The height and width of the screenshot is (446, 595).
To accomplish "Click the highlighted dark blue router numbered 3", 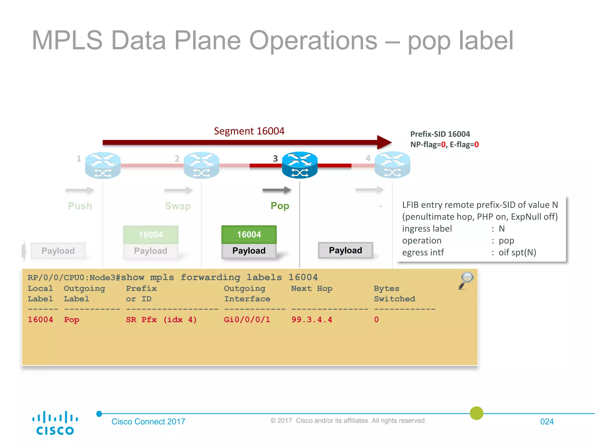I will tap(300, 165).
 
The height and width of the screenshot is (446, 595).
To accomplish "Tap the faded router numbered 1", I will tap(103, 165).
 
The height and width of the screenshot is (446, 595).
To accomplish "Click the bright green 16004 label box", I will tap(249, 234).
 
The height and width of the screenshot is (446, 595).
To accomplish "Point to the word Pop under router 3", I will tap(280, 206).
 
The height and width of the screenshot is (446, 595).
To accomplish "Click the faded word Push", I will tap(80, 206).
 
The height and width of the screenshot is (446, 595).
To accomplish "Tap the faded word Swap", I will tap(178, 206).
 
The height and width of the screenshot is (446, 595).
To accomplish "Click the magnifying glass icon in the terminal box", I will tap(466, 280).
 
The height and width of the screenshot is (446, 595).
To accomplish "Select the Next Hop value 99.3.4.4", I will tap(312, 320).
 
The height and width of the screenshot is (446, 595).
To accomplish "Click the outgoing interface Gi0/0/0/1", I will tap(247, 320).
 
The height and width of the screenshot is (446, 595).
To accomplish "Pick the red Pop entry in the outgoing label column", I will tap(71, 320).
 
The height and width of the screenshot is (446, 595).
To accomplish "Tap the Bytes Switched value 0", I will tap(376, 320).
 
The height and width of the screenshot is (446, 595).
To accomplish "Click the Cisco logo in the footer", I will tap(55, 423).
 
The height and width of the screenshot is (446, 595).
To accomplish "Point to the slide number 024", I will tap(547, 422).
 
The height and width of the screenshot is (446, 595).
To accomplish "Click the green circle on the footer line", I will tap(476, 413).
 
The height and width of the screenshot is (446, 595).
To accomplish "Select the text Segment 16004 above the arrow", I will tap(249, 131).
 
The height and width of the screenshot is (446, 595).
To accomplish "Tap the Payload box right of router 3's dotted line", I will tap(345, 250).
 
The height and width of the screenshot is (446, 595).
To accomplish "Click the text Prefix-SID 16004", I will tap(440, 134).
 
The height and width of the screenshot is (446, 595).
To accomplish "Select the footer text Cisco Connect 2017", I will tap(148, 422).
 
